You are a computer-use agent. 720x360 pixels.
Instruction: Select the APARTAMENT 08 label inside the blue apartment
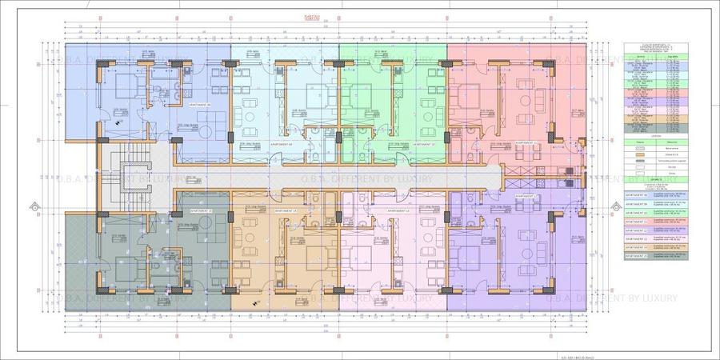click(x=198, y=104)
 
